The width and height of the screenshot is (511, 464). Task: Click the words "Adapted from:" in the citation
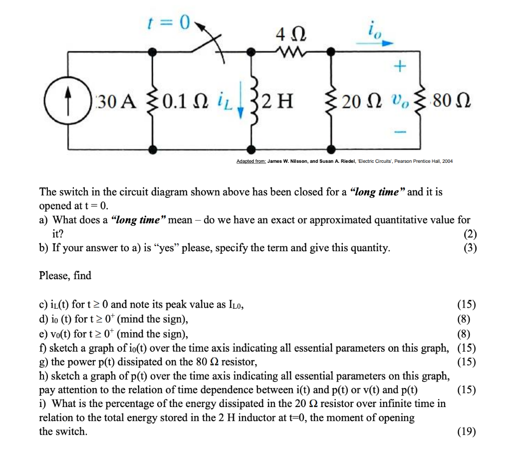tap(252, 162)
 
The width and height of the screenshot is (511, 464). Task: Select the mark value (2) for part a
tap(470, 234)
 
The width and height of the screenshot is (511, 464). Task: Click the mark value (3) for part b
tap(470, 248)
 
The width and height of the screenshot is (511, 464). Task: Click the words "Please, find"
tap(65, 275)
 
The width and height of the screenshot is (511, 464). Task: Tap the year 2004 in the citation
tap(445, 162)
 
